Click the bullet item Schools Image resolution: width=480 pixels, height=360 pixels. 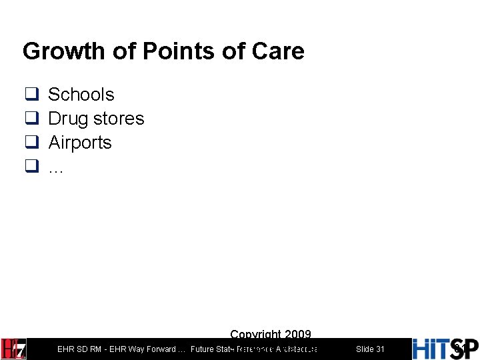click(81, 95)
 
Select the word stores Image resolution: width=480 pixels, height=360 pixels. click(119, 119)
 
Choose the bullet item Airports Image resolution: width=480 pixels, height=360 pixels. click(80, 143)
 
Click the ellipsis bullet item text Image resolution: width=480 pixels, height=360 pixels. click(56, 168)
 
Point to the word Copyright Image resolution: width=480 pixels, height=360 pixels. click(254, 335)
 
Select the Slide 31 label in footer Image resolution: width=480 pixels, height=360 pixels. click(370, 349)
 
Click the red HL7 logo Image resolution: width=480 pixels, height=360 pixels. click(14, 349)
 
